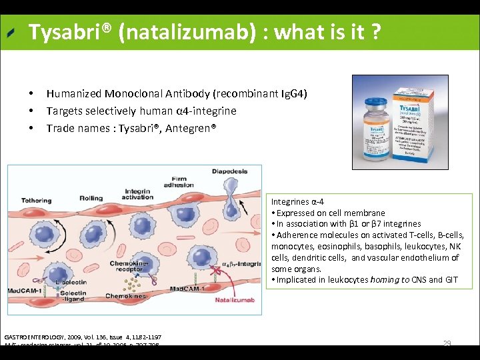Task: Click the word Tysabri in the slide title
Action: [x=65, y=31]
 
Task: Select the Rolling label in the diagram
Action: [x=91, y=198]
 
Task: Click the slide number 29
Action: [x=447, y=343]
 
